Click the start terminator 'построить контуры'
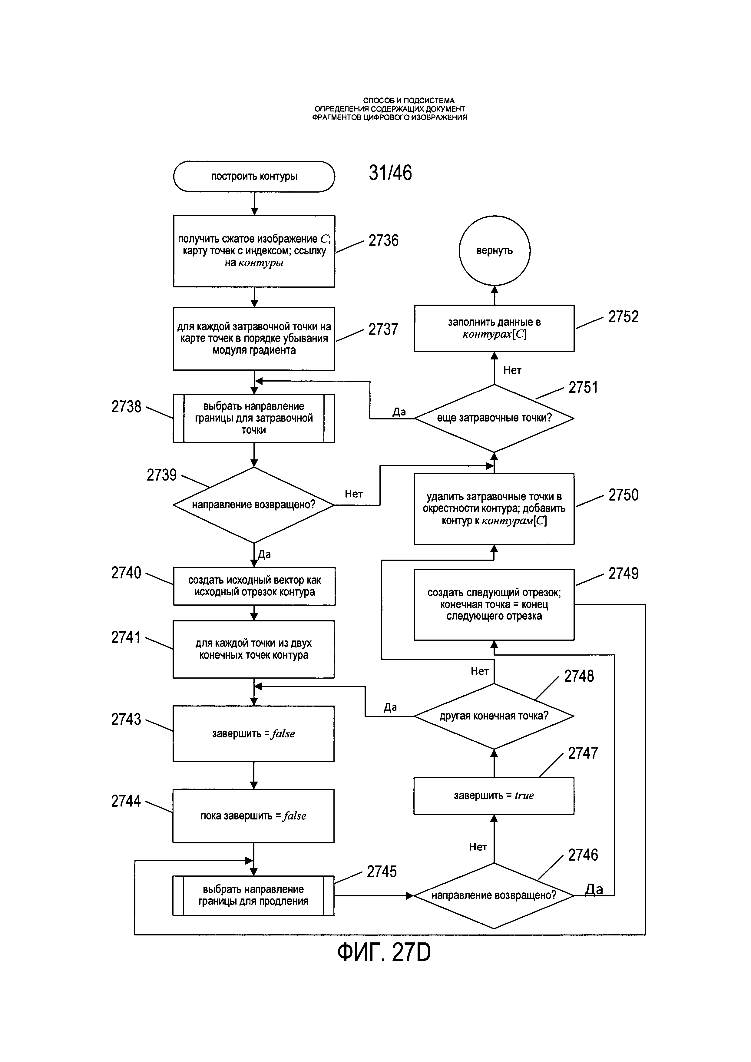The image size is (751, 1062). click(x=254, y=176)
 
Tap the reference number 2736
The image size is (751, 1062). click(x=383, y=240)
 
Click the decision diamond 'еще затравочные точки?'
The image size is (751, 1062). click(x=494, y=418)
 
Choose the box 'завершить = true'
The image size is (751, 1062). click(x=494, y=796)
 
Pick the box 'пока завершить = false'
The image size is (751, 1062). click(x=253, y=816)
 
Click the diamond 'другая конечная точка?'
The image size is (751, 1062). click(x=494, y=716)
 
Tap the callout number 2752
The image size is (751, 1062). click(x=624, y=317)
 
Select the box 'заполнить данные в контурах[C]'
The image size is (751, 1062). click(x=494, y=328)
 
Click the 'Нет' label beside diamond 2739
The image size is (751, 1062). click(x=354, y=494)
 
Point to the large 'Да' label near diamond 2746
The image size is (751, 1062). click(x=594, y=889)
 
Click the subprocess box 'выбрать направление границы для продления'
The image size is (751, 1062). click(x=253, y=895)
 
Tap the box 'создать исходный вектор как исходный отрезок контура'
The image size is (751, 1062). click(x=254, y=586)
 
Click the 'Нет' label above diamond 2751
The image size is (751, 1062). click(x=512, y=370)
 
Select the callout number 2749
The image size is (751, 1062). click(x=624, y=574)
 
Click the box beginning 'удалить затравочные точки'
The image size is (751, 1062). click(x=494, y=509)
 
